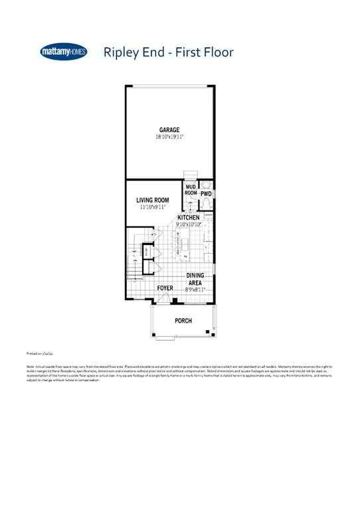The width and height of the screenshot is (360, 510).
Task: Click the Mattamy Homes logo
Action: click(64, 52)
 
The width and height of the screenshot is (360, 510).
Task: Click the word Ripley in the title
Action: click(120, 53)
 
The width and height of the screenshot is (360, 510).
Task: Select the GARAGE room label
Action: click(169, 129)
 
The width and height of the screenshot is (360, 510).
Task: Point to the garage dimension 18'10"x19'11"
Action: click(169, 137)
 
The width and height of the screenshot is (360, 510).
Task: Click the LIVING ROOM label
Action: click(153, 200)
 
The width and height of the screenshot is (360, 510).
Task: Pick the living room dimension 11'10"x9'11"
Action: click(153, 207)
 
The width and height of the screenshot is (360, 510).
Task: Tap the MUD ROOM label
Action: click(191, 190)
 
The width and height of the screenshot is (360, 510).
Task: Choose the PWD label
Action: click(206, 194)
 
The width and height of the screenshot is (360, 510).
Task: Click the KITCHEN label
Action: click(189, 218)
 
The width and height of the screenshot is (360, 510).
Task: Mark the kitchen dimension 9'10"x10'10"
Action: click(189, 224)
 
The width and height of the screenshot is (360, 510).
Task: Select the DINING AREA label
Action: click(195, 279)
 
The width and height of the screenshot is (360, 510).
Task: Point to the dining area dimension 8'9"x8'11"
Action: click(195, 290)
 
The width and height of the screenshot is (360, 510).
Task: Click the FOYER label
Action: click(165, 288)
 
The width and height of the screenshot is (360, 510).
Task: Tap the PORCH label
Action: click(183, 321)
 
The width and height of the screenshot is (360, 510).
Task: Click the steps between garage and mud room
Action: click(191, 176)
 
